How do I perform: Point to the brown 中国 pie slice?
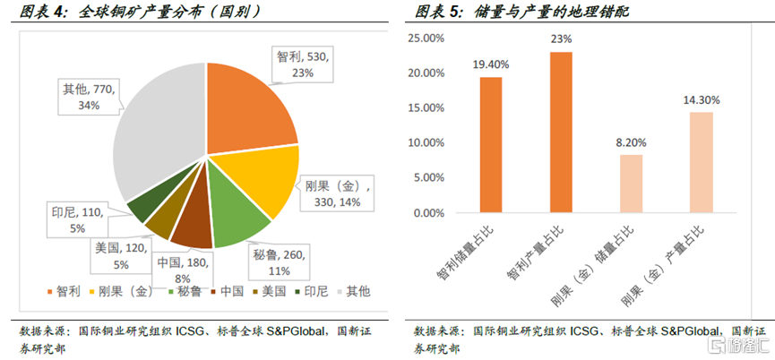click(192, 229)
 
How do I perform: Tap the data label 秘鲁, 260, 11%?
click(272, 263)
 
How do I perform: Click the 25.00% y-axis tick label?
click(426, 39)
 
